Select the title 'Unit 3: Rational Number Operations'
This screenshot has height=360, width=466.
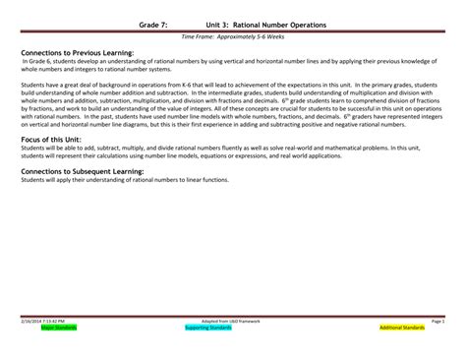[x=266, y=22]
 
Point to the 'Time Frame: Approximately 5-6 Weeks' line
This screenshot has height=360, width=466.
[x=232, y=36]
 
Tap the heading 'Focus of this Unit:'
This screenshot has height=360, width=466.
[x=49, y=139]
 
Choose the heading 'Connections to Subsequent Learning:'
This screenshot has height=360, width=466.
[x=81, y=169]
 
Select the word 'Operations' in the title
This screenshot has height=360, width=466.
[x=305, y=22]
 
